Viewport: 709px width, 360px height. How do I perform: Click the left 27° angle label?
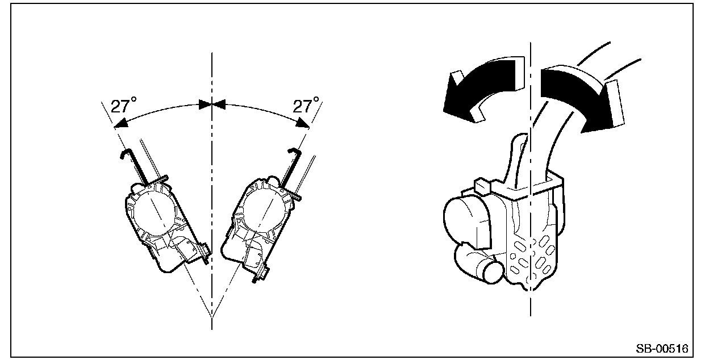coord(124,106)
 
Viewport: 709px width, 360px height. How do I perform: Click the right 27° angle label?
coord(306,106)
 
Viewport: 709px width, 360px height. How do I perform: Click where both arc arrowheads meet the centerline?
coord(212,104)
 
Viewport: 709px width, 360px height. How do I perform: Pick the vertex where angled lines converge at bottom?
coord(212,316)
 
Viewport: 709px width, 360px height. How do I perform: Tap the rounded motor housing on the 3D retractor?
coord(463,219)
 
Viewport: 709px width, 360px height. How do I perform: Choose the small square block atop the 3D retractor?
coord(481,185)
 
